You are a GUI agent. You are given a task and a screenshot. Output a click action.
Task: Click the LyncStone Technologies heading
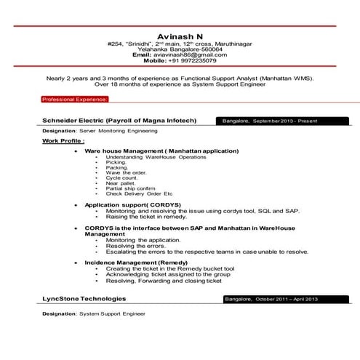coord(84,299)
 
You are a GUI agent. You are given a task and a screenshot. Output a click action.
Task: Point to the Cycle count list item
coord(121,177)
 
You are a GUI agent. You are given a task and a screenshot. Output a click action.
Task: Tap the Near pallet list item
coord(121,183)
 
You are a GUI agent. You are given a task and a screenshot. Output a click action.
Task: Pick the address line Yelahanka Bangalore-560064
coord(180,49)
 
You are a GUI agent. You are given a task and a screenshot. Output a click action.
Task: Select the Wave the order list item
coord(126,172)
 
